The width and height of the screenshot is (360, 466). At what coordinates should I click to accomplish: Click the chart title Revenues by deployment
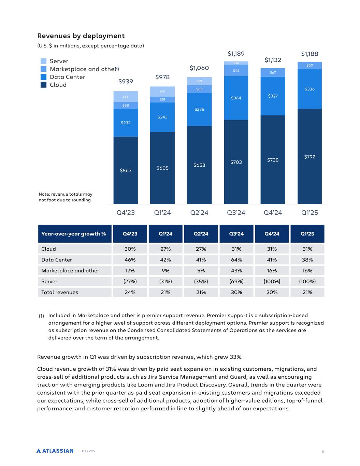[81, 36]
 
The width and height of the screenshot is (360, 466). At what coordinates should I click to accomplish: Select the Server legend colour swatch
[43, 61]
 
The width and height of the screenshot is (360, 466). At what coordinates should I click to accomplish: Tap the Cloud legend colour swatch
[43, 85]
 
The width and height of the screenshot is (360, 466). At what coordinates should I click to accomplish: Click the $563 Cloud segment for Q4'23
[126, 170]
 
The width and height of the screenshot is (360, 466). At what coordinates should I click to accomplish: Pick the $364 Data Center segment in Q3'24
[236, 98]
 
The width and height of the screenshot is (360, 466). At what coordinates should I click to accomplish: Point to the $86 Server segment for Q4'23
[126, 97]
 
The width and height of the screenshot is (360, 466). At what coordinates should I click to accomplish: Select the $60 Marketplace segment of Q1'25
[309, 65]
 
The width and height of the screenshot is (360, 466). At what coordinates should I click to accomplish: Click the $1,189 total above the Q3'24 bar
[236, 54]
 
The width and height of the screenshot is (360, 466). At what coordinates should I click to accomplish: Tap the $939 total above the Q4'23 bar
[126, 81]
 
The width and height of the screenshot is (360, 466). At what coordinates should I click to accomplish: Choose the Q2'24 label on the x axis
[199, 213]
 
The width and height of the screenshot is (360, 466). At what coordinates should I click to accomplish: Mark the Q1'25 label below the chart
[309, 213]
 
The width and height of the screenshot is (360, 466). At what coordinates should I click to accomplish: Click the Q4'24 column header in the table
[272, 234]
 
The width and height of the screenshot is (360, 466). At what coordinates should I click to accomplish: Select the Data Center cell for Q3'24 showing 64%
[236, 260]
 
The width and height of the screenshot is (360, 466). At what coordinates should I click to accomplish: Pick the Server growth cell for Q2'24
[201, 281]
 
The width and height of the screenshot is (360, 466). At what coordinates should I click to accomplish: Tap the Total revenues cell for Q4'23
[130, 292]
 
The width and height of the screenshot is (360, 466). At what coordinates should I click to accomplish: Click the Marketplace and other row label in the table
[70, 271]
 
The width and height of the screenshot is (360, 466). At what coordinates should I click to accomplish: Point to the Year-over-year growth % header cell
[74, 234]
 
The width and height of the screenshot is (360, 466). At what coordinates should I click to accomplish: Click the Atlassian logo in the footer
[55, 451]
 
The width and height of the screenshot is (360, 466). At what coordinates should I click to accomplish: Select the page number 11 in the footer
[323, 452]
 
